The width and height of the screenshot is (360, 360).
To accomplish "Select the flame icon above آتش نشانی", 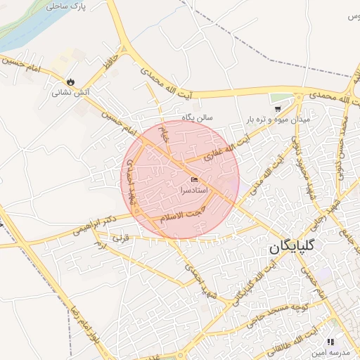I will (70, 82).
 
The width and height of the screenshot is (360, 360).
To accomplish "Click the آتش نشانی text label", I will (70, 92).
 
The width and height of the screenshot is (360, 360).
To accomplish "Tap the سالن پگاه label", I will (198, 117).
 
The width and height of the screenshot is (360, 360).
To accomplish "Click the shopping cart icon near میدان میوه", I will (278, 109).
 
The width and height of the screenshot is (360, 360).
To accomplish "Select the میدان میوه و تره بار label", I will (278, 120).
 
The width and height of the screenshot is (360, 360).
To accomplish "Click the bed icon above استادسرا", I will (194, 179).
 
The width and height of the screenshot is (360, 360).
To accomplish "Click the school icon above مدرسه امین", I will (330, 342).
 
